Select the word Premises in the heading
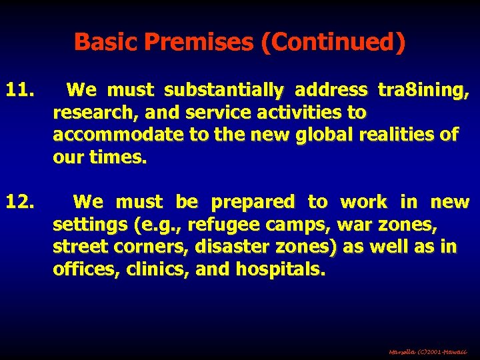pos(199,43)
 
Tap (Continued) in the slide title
pos(333,43)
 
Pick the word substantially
pos(223,89)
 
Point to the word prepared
pos(253,202)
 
